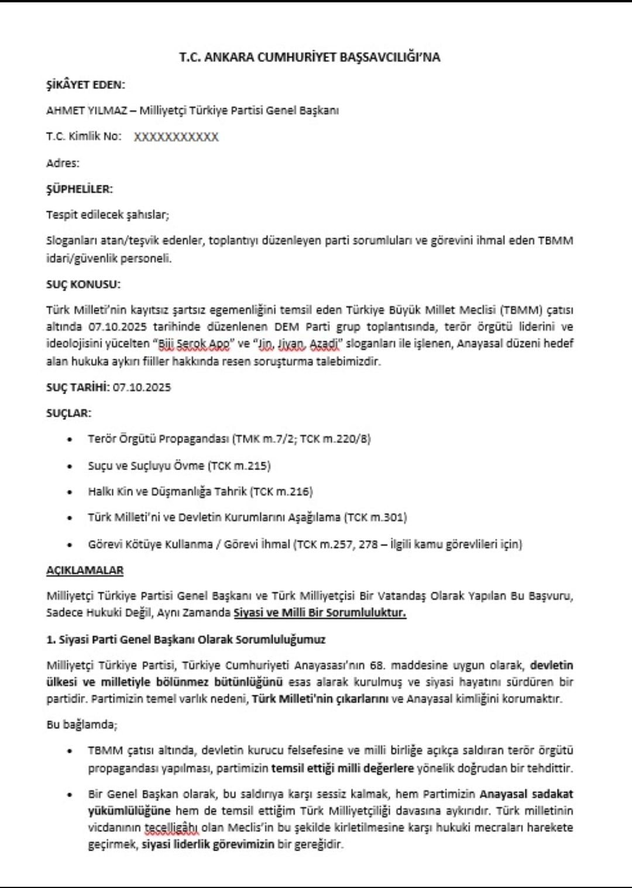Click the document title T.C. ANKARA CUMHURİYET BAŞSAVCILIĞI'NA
(x=310, y=57)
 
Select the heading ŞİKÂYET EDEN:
(x=85, y=85)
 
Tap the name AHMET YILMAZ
(x=87, y=111)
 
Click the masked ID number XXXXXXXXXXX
(x=176, y=137)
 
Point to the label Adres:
(x=63, y=163)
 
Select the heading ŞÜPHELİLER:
(x=80, y=189)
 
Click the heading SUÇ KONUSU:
(x=83, y=284)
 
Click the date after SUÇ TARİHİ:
(x=142, y=388)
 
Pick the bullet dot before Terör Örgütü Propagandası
(x=70, y=440)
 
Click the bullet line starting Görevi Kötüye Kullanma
(x=304, y=544)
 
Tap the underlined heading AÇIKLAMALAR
(x=85, y=570)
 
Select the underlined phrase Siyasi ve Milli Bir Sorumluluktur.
(x=320, y=613)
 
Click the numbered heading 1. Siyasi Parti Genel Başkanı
(x=186, y=640)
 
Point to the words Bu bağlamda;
(x=82, y=725)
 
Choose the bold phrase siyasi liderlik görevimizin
(x=208, y=845)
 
